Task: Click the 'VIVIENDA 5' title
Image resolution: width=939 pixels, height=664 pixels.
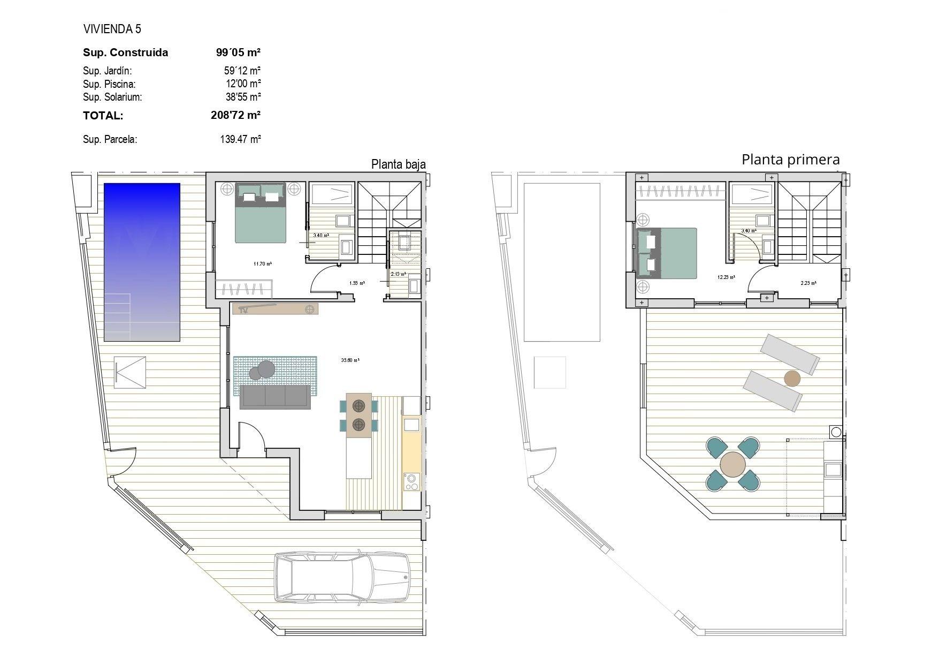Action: click(112, 29)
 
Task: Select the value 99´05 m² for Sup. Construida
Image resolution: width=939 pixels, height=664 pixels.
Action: click(238, 52)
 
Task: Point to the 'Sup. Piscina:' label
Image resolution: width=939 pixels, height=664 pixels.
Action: click(109, 84)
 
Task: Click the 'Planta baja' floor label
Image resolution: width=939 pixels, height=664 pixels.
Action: click(398, 164)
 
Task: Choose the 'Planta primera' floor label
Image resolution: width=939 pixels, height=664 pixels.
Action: click(790, 160)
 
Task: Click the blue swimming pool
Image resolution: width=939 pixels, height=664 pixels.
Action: click(142, 262)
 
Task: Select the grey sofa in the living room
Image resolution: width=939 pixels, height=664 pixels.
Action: click(275, 397)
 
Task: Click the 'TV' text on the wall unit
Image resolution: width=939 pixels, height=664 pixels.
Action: click(243, 310)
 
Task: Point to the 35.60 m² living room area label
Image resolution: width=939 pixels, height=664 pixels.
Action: click(350, 360)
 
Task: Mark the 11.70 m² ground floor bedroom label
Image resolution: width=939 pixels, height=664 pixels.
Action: click(262, 263)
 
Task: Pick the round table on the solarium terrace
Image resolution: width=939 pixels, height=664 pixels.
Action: click(732, 464)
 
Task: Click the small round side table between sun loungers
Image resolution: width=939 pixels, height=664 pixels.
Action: click(792, 379)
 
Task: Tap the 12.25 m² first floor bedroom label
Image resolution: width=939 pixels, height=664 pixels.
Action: click(726, 277)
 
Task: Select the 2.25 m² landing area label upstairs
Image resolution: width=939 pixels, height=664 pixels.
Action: click(808, 283)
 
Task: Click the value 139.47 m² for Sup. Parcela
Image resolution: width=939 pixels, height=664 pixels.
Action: click(240, 140)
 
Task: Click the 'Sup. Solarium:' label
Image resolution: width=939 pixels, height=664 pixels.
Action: click(112, 97)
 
